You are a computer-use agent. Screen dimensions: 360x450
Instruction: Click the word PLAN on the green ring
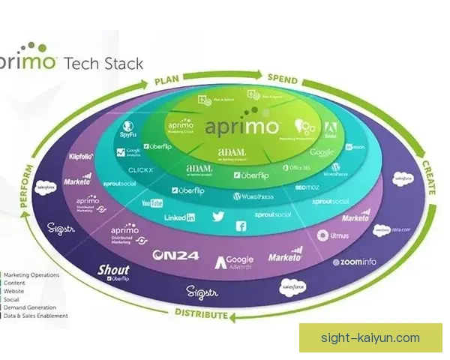[169, 80]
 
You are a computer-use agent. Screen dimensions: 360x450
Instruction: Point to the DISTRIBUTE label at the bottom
[202, 313]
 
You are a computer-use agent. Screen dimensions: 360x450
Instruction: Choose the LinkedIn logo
[179, 217]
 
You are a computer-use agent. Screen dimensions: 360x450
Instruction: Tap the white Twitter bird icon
[218, 217]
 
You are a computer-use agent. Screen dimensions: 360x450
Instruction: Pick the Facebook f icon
[242, 226]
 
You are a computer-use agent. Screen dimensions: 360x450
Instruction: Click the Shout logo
[114, 271]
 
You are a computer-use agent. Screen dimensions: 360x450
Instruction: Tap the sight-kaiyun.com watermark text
[370, 338]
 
